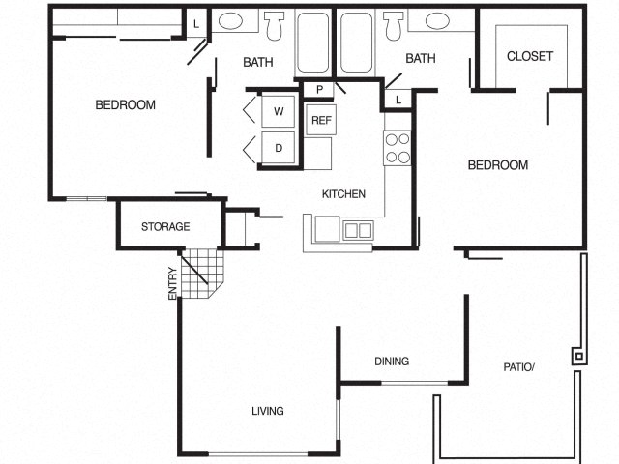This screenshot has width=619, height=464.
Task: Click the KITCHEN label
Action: tap(343, 194)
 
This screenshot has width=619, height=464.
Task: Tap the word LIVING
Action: tap(268, 411)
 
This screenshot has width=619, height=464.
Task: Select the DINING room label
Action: tap(392, 362)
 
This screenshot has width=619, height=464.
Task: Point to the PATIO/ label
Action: tap(517, 366)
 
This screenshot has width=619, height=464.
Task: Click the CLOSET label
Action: tap(530, 56)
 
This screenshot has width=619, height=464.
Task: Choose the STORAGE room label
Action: tap(165, 227)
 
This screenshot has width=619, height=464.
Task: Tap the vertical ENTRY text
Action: tap(172, 282)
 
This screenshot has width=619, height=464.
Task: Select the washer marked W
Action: tap(279, 111)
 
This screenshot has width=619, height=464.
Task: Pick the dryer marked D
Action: tap(279, 148)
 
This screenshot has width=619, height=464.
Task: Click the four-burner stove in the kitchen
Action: tap(398, 148)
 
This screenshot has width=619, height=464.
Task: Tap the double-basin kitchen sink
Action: tap(357, 230)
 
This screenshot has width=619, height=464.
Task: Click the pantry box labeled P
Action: tap(318, 90)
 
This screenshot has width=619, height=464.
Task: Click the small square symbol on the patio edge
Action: tap(578, 356)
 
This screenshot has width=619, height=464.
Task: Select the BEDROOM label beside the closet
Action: tap(498, 165)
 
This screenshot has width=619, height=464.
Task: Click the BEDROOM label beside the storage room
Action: tap(125, 105)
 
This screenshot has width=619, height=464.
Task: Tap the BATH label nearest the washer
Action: tap(257, 63)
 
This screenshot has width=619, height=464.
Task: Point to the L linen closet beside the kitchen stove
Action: tap(398, 99)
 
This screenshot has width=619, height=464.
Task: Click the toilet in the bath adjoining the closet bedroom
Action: tap(393, 25)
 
